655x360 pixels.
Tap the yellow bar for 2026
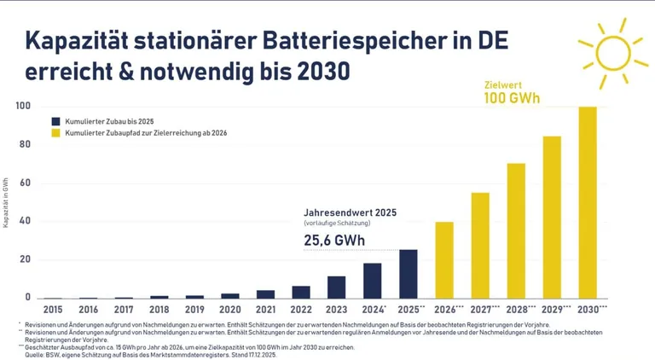click(444, 259)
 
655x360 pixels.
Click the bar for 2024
click(373, 280)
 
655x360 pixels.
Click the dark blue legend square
click(55, 122)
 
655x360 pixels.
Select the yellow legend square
click(55, 134)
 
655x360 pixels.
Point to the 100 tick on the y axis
click(22, 106)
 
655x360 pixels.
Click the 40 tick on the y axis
click(25, 221)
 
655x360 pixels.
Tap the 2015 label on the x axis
click(52, 309)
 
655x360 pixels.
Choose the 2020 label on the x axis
click(230, 309)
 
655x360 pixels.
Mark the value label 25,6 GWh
click(334, 241)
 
